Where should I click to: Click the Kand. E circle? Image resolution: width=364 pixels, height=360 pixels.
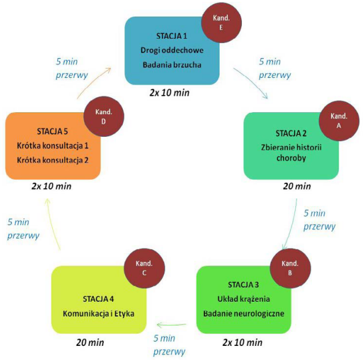pyautogui.click(x=221, y=23)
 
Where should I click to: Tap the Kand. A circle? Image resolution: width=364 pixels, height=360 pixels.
pyautogui.click(x=339, y=121)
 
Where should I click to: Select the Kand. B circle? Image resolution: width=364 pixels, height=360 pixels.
pyautogui.click(x=290, y=268)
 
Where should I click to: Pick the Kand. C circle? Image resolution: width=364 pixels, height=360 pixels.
pyautogui.click(x=144, y=268)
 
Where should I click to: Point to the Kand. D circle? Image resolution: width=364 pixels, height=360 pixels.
pyautogui.click(x=104, y=117)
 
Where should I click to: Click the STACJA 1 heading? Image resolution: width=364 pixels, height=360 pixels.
pyautogui.click(x=171, y=36)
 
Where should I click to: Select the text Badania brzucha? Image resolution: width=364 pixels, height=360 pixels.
pyautogui.click(x=172, y=65)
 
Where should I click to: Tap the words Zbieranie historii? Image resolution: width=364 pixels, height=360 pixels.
pyautogui.click(x=292, y=147)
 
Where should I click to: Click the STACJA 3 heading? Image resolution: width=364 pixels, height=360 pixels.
pyautogui.click(x=243, y=285)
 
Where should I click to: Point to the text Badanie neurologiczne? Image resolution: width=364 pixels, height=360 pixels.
pyautogui.click(x=244, y=313)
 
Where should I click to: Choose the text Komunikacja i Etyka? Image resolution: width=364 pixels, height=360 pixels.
pyautogui.click(x=98, y=313)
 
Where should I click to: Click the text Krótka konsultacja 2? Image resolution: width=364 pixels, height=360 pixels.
pyautogui.click(x=53, y=160)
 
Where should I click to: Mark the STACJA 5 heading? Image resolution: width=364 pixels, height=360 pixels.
pyautogui.click(x=52, y=131)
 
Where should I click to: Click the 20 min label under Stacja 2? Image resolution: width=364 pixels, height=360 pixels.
pyautogui.click(x=297, y=186)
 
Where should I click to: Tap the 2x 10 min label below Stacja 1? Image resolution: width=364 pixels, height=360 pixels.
pyautogui.click(x=169, y=93)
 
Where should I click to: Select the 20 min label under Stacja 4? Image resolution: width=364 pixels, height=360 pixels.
pyautogui.click(x=90, y=343)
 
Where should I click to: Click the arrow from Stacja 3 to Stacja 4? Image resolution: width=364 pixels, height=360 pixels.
pyautogui.click(x=171, y=325)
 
